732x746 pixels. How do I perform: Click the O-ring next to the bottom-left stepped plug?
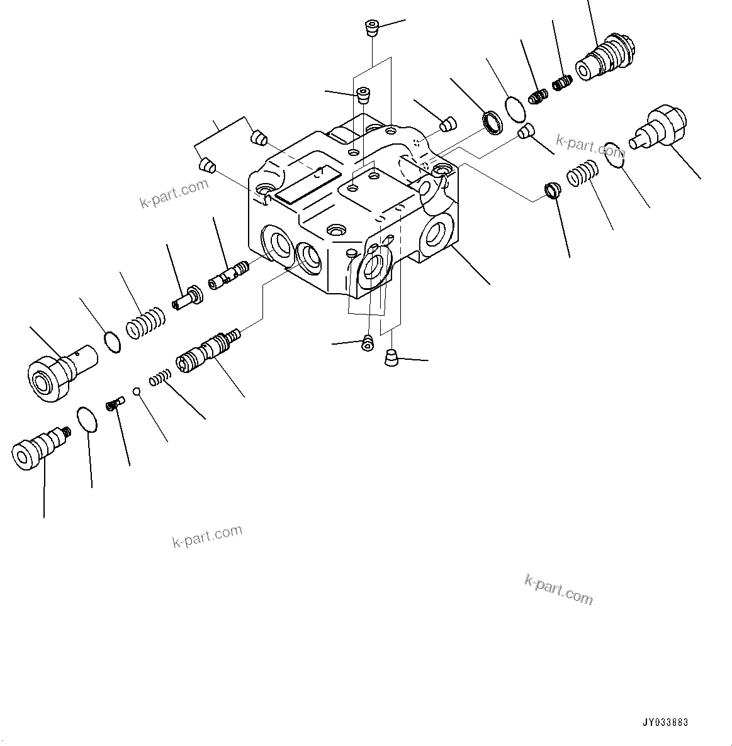pyautogui.click(x=87, y=420)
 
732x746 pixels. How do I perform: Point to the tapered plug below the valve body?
pyautogui.click(x=391, y=358)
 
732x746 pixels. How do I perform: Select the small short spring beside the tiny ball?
pyautogui.click(x=160, y=378)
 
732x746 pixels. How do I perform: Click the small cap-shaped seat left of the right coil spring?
pyautogui.click(x=551, y=189)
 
